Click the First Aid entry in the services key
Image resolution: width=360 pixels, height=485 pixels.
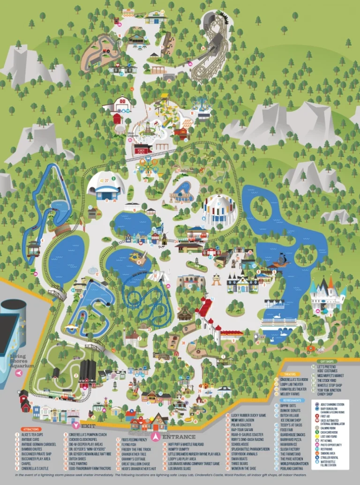326,415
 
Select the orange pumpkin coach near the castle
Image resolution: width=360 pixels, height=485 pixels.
309,349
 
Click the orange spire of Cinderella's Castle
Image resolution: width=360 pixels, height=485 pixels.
331,282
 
